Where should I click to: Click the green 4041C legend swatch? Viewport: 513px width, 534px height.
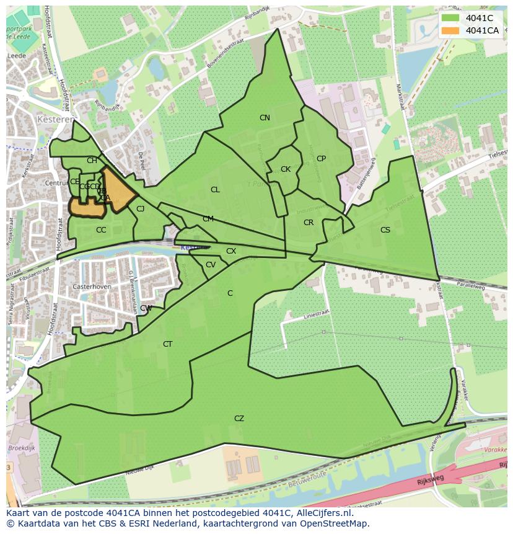tap(450, 18)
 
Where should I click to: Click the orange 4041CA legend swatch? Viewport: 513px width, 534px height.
tap(450, 30)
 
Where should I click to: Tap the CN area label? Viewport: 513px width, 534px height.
tap(265, 118)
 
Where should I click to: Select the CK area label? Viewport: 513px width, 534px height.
tap(286, 169)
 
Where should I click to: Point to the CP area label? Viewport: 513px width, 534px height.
tap(321, 159)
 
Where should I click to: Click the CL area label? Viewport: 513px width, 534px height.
tap(215, 190)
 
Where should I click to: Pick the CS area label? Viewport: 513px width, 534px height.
tap(385, 230)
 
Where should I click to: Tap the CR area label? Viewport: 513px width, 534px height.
tap(309, 223)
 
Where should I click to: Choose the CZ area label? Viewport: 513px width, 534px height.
tap(239, 419)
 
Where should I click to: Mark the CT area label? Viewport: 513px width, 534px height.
tap(167, 344)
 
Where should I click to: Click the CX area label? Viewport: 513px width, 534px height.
tap(231, 251)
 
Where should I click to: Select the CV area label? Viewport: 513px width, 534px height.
tap(211, 265)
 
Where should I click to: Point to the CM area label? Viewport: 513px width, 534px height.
tap(208, 219)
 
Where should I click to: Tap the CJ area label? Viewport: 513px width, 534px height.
tap(141, 209)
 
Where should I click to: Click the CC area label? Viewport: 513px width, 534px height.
tap(101, 230)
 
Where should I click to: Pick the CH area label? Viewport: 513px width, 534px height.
tap(92, 161)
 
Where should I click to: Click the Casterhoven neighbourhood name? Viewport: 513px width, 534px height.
tap(91, 287)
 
